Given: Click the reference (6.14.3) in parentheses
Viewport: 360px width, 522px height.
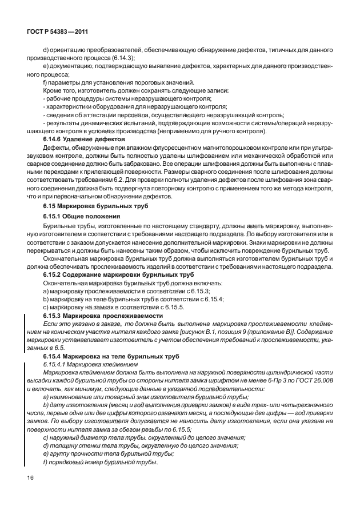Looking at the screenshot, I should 122,58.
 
